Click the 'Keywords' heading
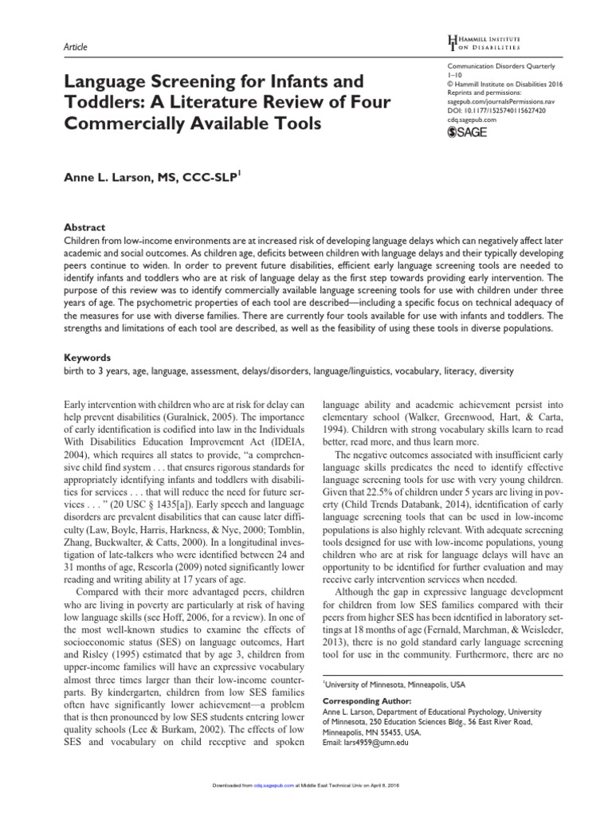coord(87,358)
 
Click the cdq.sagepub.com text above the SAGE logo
coord(471,121)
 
